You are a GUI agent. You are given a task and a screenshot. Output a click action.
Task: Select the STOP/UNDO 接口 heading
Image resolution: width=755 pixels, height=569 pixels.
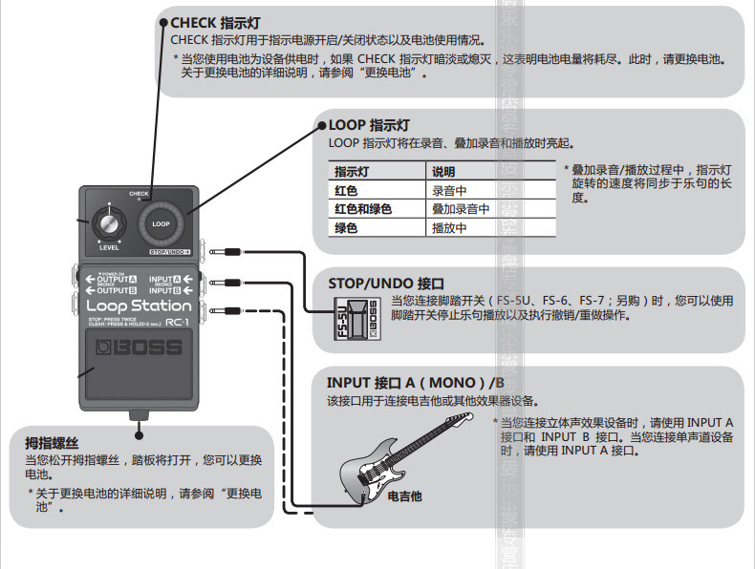coord(386,284)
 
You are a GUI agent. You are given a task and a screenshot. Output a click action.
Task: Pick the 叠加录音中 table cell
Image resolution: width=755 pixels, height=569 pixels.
coord(461,209)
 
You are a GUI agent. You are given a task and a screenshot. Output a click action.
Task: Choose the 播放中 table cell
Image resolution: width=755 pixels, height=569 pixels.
coord(448,227)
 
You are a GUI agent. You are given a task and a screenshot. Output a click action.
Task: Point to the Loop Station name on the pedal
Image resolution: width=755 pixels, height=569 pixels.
coord(133,306)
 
